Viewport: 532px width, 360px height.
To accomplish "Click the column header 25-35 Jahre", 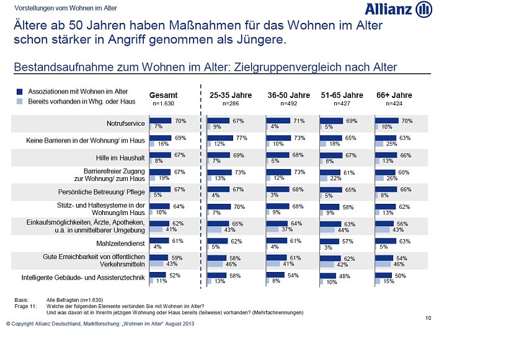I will pos(231,95).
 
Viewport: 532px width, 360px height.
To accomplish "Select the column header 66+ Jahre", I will pos(394,95).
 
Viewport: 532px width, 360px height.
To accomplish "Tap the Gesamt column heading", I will pos(164,95).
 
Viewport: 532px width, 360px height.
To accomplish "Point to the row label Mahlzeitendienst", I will pos(121,243).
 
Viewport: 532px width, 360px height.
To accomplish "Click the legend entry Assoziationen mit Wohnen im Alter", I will pos(78,92).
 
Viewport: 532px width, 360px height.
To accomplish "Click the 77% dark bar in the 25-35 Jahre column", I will pos(219,138).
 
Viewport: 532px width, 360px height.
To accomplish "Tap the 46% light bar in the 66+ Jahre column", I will pos(383,263).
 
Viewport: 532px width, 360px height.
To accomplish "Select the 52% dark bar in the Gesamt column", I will pos(158,274).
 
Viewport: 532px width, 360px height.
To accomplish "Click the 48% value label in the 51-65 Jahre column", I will pos(345,275).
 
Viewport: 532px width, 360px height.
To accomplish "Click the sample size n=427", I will pos(342,104).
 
